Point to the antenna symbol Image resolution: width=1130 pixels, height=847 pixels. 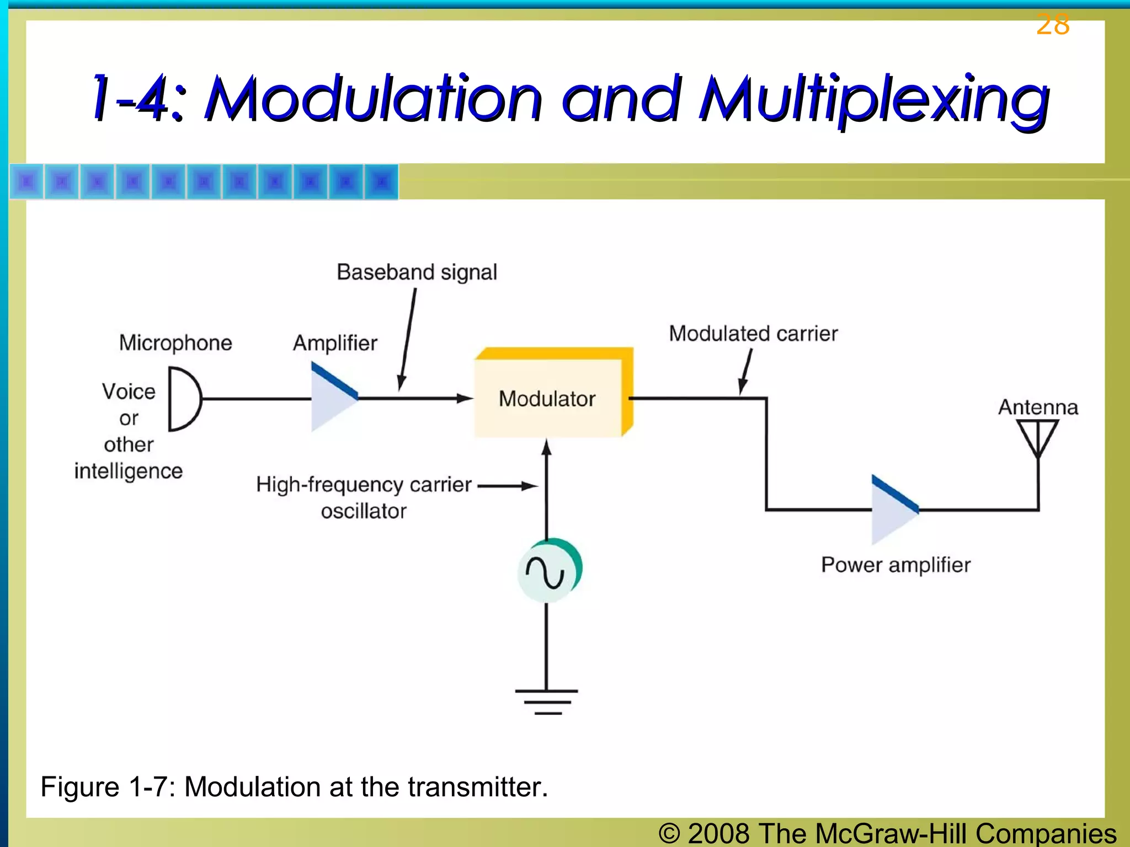[x=1037, y=438]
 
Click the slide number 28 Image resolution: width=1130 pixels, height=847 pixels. [x=1053, y=25]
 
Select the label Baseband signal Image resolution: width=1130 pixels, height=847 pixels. [x=417, y=272]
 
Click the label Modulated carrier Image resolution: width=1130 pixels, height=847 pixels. [x=753, y=334]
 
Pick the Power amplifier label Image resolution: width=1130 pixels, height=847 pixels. [x=896, y=565]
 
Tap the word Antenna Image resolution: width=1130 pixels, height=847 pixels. [x=1038, y=408]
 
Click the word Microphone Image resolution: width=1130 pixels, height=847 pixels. [x=175, y=343]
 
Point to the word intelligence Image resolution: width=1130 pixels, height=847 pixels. [x=129, y=471]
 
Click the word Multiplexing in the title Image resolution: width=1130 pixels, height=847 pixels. [x=875, y=99]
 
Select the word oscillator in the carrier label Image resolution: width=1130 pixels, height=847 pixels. [x=364, y=511]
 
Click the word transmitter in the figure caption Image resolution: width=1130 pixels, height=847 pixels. [x=477, y=787]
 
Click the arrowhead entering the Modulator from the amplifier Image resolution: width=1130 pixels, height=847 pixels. [x=465, y=398]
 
